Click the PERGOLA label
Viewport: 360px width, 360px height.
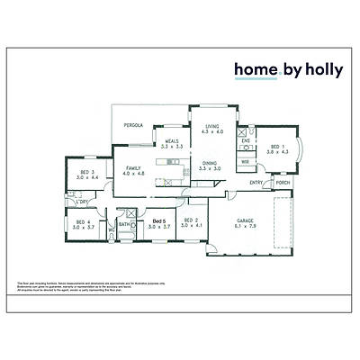133,125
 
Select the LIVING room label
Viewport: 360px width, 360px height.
211,127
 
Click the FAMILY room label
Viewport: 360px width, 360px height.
133,167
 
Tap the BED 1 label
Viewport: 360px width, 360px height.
275,147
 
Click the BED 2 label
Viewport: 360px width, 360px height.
190,220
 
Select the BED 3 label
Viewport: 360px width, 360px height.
86,172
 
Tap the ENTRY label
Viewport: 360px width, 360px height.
256,183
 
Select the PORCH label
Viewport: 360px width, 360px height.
283,183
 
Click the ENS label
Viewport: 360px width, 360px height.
245,140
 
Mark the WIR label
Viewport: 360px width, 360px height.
245,161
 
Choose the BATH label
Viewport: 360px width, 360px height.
124,225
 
